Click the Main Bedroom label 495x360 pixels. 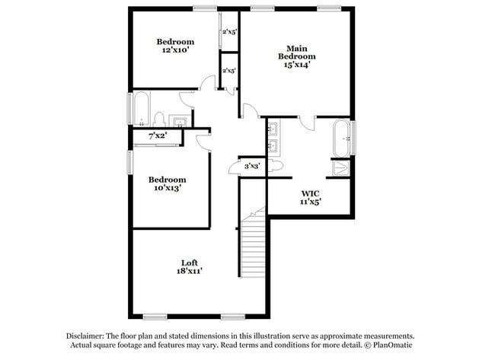click(297, 52)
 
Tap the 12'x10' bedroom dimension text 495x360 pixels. click(175, 50)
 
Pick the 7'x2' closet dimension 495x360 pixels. click(158, 135)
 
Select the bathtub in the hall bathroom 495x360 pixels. click(142, 108)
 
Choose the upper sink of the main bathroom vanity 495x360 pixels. click(272, 129)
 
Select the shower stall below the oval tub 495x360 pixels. click(341, 168)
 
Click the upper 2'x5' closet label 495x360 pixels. click(229, 32)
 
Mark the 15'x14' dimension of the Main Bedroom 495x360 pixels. click(297, 65)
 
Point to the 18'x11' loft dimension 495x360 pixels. click(190, 270)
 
